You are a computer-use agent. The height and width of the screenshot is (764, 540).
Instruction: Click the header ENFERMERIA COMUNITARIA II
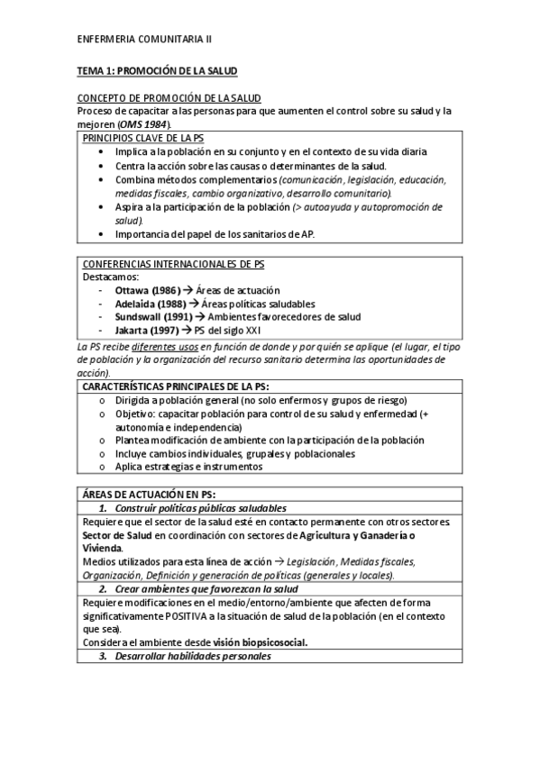145,39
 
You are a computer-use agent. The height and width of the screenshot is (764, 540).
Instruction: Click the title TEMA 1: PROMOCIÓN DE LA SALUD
157,69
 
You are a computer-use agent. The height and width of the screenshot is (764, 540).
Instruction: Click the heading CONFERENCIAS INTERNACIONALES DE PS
173,264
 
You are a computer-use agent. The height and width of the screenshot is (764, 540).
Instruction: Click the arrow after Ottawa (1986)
188,291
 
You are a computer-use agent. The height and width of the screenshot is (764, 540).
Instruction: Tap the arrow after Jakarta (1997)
188,330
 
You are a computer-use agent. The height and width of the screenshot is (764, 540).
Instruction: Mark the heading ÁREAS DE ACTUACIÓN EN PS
149,493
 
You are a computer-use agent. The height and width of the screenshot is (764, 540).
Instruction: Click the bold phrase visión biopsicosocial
261,641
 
